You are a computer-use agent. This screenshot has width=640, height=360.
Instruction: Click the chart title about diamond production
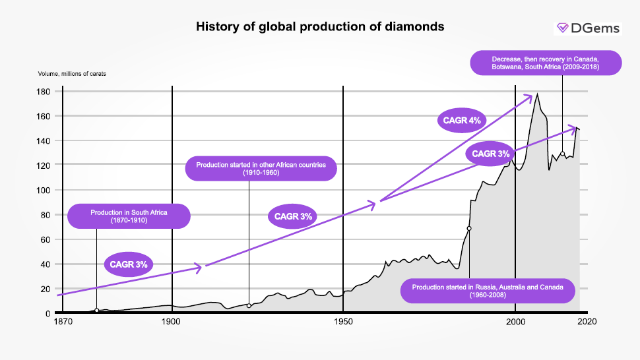coord(320,27)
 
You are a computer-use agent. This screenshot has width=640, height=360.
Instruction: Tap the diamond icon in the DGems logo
coord(563,28)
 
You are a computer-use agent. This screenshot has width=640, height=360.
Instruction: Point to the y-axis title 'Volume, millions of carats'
coord(72,74)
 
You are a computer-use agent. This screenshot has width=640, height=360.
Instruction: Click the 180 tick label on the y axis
coord(43,92)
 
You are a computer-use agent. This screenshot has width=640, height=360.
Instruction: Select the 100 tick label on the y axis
coord(43,190)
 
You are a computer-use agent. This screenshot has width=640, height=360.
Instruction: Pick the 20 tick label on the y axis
coord(45,289)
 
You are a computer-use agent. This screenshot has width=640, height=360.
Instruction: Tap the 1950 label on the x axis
coord(343,322)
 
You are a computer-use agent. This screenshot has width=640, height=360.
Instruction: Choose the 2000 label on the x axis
coord(515,322)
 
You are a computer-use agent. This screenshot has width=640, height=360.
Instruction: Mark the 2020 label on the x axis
coord(587,322)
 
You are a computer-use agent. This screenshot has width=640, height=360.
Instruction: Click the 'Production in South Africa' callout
coord(129,216)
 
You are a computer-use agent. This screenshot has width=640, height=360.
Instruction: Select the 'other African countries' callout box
coord(261,168)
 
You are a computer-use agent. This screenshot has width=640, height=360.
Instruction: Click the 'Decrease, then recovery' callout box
coord(545,63)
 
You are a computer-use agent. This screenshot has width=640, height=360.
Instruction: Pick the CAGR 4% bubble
coord(461,121)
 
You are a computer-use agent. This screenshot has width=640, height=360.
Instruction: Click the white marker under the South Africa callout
coord(97,311)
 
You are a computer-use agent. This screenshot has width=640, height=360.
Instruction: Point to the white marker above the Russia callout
coord(469,228)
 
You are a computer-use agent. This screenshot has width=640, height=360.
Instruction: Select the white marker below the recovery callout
coord(562,154)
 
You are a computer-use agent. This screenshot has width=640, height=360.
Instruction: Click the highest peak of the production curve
coord(537,94)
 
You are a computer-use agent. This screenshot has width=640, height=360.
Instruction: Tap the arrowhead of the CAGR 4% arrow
coord(530,97)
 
